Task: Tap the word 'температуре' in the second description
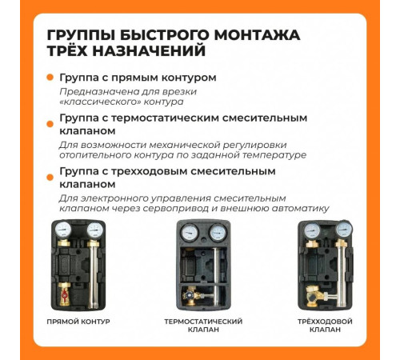click(x=268, y=155)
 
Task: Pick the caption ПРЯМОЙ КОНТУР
click(x=78, y=322)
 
